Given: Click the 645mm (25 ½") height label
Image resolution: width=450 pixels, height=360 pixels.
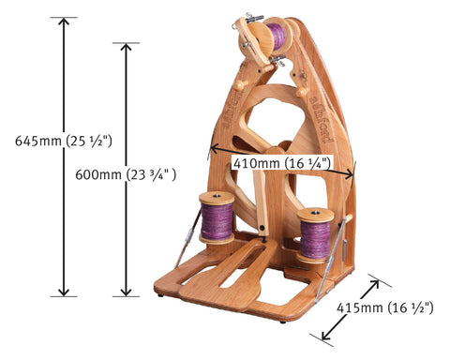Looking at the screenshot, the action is [x=64, y=142].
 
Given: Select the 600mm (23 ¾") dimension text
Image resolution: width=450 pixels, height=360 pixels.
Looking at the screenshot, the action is [x=126, y=174].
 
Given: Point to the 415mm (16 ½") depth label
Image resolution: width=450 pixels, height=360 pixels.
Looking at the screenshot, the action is [x=385, y=308].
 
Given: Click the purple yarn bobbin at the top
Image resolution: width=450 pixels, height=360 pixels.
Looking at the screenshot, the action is [x=276, y=36].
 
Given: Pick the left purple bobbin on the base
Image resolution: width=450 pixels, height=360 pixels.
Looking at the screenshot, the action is [x=217, y=217].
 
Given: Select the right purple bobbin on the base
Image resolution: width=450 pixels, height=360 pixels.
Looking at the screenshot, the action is [x=315, y=235].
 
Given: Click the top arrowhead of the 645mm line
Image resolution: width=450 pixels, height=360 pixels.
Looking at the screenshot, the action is [x=64, y=22].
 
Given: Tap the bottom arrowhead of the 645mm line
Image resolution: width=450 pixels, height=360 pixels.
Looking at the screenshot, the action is [x=64, y=292].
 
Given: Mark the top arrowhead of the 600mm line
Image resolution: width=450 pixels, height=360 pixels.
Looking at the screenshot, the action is [x=126, y=48].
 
